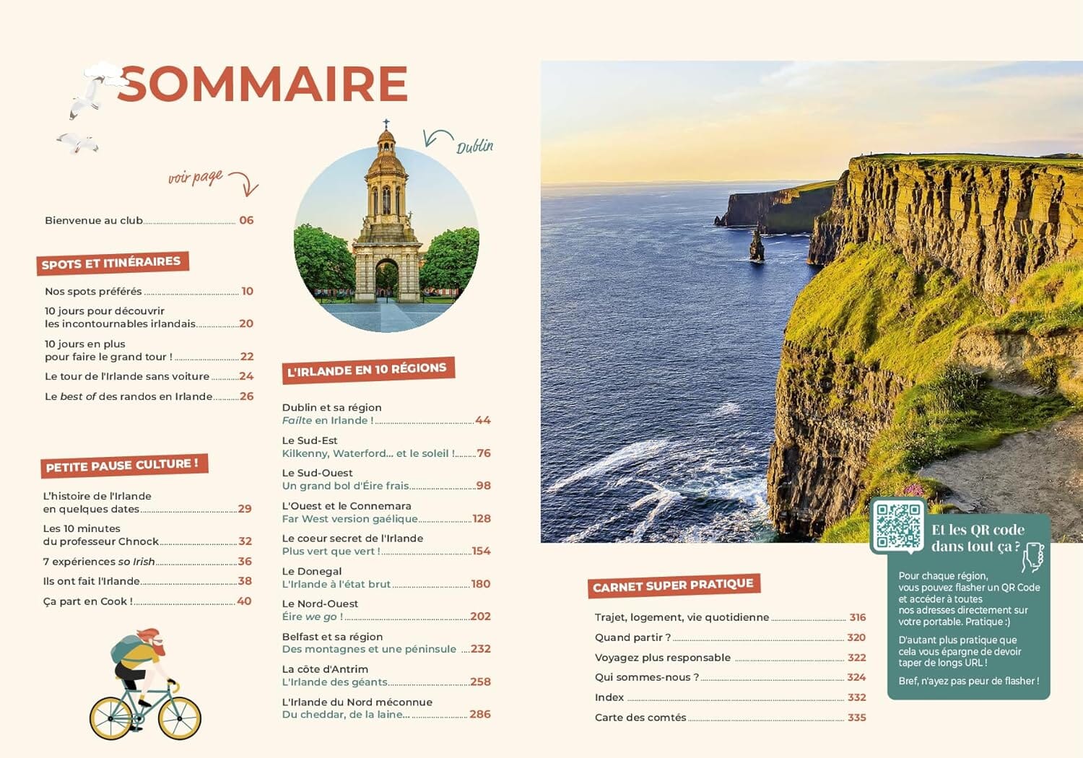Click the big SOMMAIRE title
(x=263, y=84)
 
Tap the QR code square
(x=897, y=526)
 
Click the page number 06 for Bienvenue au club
(x=246, y=220)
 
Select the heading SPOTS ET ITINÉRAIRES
(x=111, y=263)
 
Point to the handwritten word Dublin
(x=474, y=147)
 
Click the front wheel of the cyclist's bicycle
(x=179, y=718)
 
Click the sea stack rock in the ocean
(x=757, y=245)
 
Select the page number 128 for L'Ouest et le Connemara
(x=482, y=518)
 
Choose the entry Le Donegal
(x=312, y=571)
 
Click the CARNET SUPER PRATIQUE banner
(x=673, y=585)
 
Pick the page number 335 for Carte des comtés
(x=857, y=718)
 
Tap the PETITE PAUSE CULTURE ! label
(x=122, y=466)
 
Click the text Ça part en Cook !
(x=87, y=601)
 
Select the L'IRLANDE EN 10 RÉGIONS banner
(x=367, y=370)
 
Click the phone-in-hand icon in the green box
(x=1033, y=557)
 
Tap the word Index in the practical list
(x=609, y=697)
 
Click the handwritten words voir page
(x=196, y=178)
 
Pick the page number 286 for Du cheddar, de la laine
(x=480, y=714)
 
